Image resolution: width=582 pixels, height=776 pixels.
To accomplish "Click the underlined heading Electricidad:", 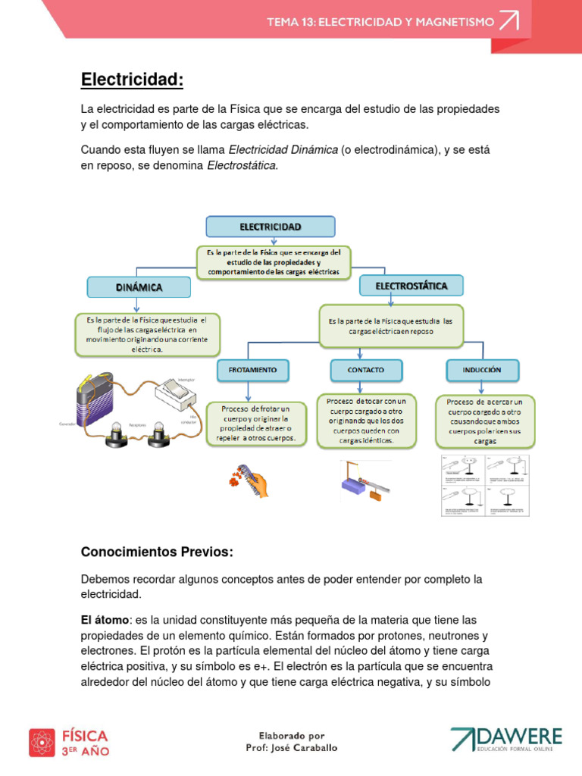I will [x=132, y=80].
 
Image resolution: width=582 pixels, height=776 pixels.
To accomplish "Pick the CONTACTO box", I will [x=365, y=370].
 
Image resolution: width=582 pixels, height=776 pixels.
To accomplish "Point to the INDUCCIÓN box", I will [x=482, y=370].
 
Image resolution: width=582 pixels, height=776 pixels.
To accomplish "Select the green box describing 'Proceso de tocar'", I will [x=367, y=421].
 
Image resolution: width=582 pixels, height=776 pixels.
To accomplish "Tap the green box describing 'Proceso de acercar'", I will [x=486, y=421].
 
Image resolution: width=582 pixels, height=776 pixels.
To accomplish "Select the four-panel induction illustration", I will [x=485, y=486].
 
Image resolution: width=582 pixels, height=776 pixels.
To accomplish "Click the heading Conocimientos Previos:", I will [x=157, y=552].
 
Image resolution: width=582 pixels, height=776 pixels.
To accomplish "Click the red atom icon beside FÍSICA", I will [x=42, y=742].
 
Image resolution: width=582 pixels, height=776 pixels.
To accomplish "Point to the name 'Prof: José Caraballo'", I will [x=291, y=748].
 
